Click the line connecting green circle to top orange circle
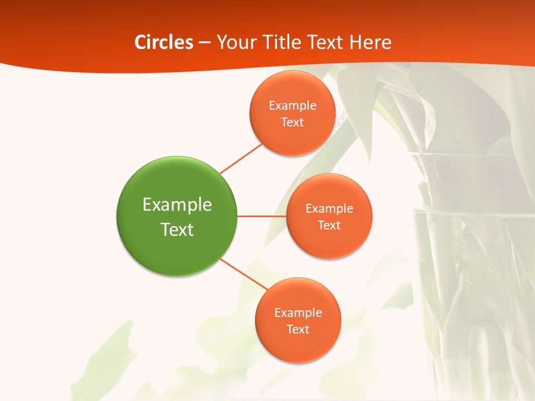241,159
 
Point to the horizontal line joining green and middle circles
261,216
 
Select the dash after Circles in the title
205,43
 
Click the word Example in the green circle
177,205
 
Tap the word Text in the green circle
177,229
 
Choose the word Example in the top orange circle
292,105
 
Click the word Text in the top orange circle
292,122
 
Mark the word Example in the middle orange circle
329,208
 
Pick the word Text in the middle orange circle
329,225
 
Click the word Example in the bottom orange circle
298,312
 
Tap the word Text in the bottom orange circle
298,329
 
